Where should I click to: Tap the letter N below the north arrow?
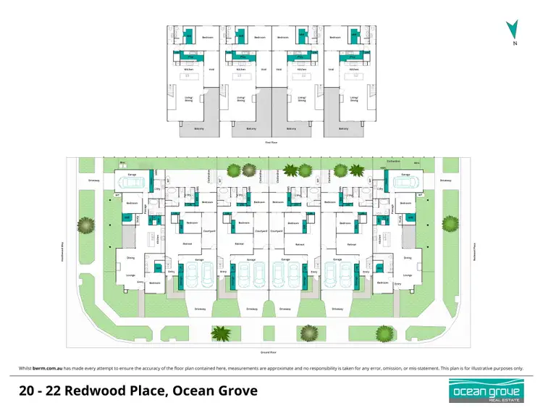(514, 44)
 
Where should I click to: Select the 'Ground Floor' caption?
(269, 352)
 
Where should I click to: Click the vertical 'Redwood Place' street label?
(472, 250)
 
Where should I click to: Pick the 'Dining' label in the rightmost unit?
(407, 257)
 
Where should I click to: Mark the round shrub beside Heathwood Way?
(86, 225)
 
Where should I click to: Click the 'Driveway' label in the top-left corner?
(93, 180)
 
